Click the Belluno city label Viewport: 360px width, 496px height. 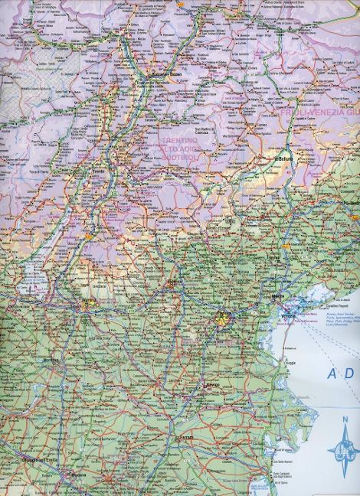pos(285,158)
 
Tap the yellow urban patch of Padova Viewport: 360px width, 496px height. pos(223,315)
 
